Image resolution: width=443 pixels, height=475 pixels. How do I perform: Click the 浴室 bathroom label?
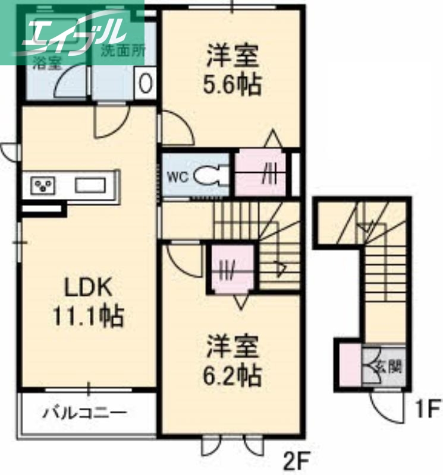46,64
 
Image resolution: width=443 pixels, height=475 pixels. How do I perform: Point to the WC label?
178,176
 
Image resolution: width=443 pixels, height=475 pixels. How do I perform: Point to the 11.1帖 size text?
88,316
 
